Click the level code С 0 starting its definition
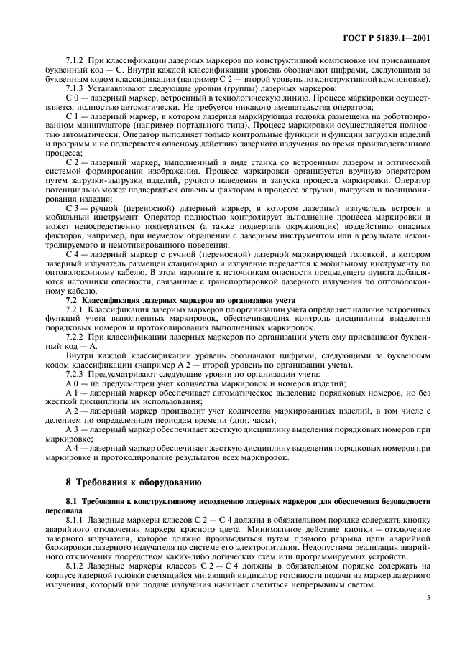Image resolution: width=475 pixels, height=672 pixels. pos(71,97)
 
